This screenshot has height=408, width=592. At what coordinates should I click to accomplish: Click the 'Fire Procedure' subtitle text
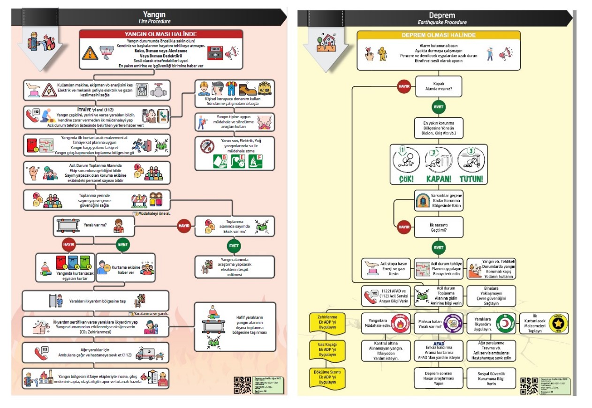(154, 22)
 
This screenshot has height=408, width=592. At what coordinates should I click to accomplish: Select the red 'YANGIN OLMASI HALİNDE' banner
(160, 34)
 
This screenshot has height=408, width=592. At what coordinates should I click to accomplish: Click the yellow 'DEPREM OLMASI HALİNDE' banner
(439, 35)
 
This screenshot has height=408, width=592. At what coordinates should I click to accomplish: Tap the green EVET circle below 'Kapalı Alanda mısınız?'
(439, 107)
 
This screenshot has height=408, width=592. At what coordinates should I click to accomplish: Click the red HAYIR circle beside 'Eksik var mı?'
(184, 226)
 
